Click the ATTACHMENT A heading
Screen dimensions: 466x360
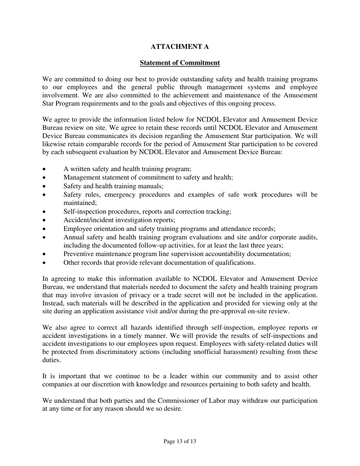[180, 47]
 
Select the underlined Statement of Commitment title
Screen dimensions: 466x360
[180, 63]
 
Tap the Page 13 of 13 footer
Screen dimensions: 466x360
[180, 441]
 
